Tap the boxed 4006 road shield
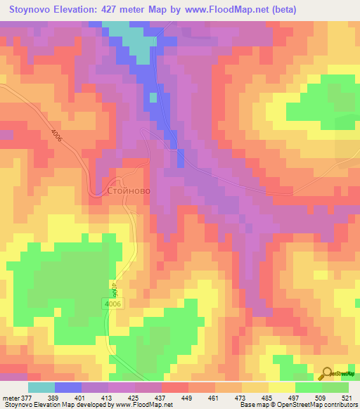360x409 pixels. click(x=112, y=303)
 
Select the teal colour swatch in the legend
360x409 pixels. click(x=41, y=387)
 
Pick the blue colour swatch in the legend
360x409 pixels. click(x=68, y=387)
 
